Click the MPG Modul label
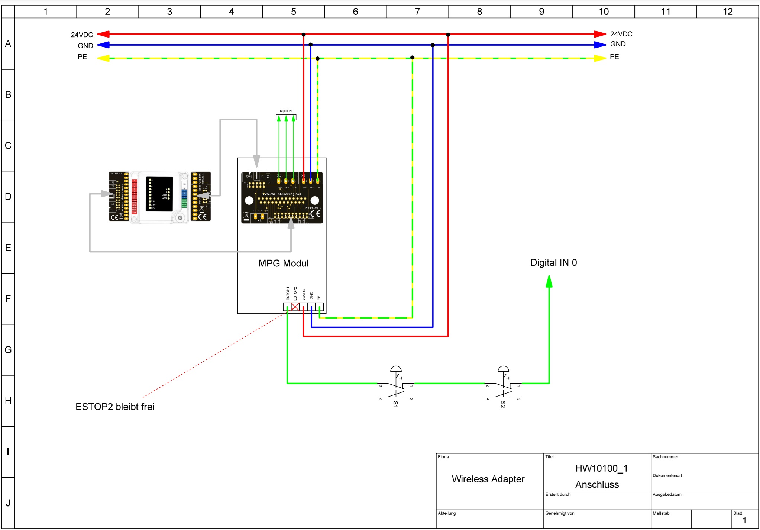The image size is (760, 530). (x=283, y=263)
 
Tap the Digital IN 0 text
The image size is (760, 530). (x=553, y=262)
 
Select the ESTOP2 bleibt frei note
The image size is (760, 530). (x=115, y=407)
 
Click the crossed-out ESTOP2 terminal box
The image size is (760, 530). (x=295, y=307)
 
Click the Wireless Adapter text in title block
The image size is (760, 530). (x=488, y=479)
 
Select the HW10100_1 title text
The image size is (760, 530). (x=601, y=468)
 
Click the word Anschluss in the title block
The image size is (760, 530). (x=597, y=484)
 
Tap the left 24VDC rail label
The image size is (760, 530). (x=82, y=35)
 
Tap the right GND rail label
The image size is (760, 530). (x=618, y=44)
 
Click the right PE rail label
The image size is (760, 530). (x=614, y=57)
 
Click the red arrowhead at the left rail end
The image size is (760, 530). (x=103, y=34)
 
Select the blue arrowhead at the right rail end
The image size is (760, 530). (x=600, y=45)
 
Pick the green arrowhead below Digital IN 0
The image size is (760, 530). (x=549, y=281)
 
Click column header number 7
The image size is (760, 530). (x=417, y=12)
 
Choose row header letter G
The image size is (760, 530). (x=8, y=349)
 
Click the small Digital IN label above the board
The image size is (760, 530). (x=285, y=111)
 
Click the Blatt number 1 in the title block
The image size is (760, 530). (x=744, y=520)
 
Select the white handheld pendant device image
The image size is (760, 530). (x=159, y=197)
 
